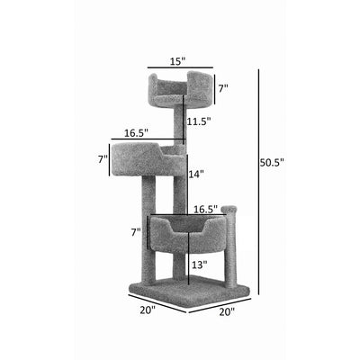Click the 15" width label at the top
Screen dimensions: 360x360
[178, 61]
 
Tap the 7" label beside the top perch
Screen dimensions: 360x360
[222, 89]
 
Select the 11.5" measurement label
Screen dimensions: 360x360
[198, 121]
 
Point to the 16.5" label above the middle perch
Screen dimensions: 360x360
[136, 133]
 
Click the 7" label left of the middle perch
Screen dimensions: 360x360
[103, 159]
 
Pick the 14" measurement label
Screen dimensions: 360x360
[196, 174]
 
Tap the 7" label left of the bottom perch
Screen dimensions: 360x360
[136, 232]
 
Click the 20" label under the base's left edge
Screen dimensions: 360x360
[148, 310]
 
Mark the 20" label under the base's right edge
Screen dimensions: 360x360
[225, 312]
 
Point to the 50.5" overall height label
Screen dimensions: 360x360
[271, 163]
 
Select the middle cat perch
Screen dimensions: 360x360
[149, 160]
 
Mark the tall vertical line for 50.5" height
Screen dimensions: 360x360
[258, 180]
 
